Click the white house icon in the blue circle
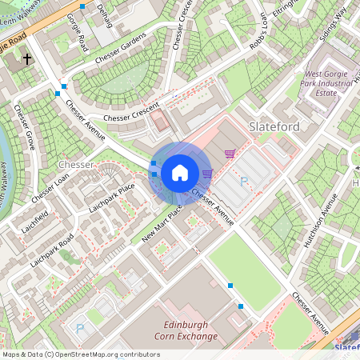[x=180, y=173]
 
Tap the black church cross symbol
[x=27, y=59]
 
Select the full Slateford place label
[x=274, y=126]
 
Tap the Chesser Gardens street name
[x=121, y=49]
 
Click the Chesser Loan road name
[x=49, y=187]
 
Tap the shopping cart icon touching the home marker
[x=207, y=172]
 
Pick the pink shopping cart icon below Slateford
[x=230, y=154]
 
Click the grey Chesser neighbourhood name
[x=77, y=164]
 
